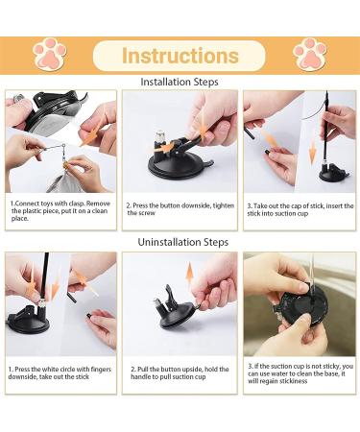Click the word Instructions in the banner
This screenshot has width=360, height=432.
click(x=180, y=56)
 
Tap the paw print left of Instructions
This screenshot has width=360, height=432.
click(x=50, y=54)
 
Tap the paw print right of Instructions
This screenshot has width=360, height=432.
click(x=310, y=54)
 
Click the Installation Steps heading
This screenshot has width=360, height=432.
click(x=180, y=82)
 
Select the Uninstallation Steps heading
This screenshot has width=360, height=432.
click(x=183, y=242)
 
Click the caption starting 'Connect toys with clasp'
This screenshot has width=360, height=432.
click(x=60, y=211)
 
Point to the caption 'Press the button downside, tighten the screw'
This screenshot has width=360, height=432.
click(x=180, y=209)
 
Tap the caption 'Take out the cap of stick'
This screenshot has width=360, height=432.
click(x=300, y=209)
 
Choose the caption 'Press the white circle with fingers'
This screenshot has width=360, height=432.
click(x=60, y=372)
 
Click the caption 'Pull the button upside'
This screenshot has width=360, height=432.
click(x=180, y=372)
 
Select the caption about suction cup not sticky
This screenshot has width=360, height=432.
click(x=300, y=373)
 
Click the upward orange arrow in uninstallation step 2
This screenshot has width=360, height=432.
click(x=190, y=274)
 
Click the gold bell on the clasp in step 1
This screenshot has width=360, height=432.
click(x=65, y=165)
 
